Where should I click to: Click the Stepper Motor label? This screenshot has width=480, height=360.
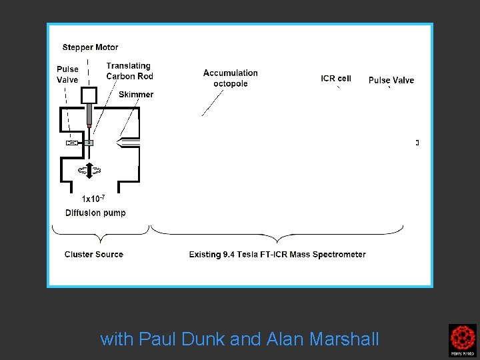[90, 47]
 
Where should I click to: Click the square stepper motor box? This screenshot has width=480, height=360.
[89, 95]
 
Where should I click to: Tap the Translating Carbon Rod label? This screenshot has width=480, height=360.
[129, 71]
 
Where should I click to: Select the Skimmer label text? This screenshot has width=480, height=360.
[136, 95]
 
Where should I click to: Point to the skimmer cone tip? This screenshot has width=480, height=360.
[118, 143]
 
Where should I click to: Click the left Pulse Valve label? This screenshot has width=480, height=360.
[67, 74]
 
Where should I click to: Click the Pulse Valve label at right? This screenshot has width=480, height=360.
[391, 81]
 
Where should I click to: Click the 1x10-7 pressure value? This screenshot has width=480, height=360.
[93, 198]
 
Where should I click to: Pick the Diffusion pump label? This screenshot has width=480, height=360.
[95, 213]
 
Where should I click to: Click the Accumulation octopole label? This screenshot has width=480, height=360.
[231, 78]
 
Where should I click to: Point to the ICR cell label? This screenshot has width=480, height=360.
[336, 79]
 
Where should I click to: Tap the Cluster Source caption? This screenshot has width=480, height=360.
[94, 254]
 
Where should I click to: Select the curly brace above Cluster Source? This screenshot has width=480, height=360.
[100, 233]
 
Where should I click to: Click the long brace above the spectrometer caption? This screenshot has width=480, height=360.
[277, 234]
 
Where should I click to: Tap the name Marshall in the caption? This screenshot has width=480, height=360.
[345, 339]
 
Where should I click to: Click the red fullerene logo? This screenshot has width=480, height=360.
[462, 339]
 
